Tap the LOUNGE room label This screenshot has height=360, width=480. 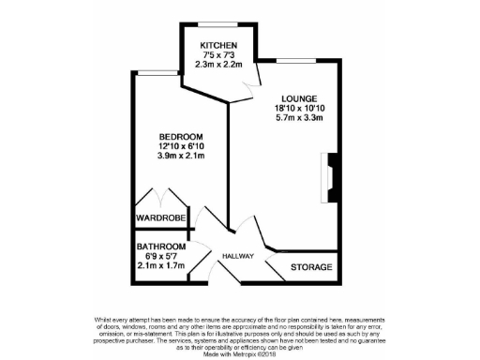[299, 97]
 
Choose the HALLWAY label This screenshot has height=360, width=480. [240, 255]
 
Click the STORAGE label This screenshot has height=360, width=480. [310, 267]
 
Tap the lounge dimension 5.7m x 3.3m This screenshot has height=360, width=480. [299, 118]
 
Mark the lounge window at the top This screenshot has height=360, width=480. [304, 59]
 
